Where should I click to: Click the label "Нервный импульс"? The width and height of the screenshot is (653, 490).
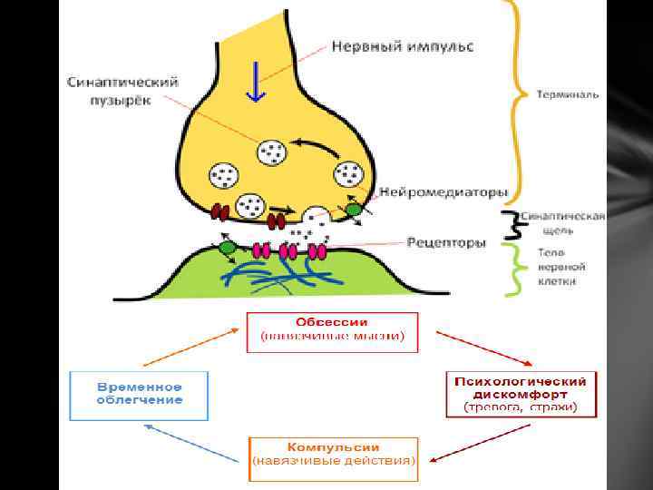[401, 44]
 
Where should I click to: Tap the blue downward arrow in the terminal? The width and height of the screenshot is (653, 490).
[257, 81]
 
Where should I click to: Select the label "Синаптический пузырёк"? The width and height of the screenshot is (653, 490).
[122, 88]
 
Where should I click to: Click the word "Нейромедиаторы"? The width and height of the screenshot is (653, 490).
[443, 191]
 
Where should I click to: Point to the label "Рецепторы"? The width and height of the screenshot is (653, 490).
[446, 242]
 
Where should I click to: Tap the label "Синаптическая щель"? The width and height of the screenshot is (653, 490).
[568, 224]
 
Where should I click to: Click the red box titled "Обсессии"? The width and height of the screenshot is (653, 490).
[332, 331]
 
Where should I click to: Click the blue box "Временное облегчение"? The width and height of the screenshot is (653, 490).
[140, 394]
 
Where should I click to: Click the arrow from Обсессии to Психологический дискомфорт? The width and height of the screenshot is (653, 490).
[468, 346]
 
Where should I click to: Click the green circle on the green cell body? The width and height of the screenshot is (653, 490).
[228, 246]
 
